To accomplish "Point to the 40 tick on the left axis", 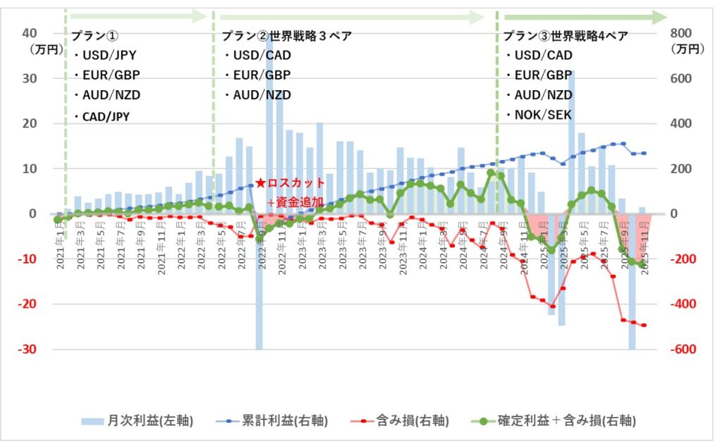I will tap(30, 33).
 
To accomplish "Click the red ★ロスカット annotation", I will tap(290, 182).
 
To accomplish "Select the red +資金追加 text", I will tap(295, 202).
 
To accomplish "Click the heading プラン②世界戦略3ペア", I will tap(286, 35).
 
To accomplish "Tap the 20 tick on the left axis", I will tap(30, 124).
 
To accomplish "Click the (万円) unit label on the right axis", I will tap(681, 49).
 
